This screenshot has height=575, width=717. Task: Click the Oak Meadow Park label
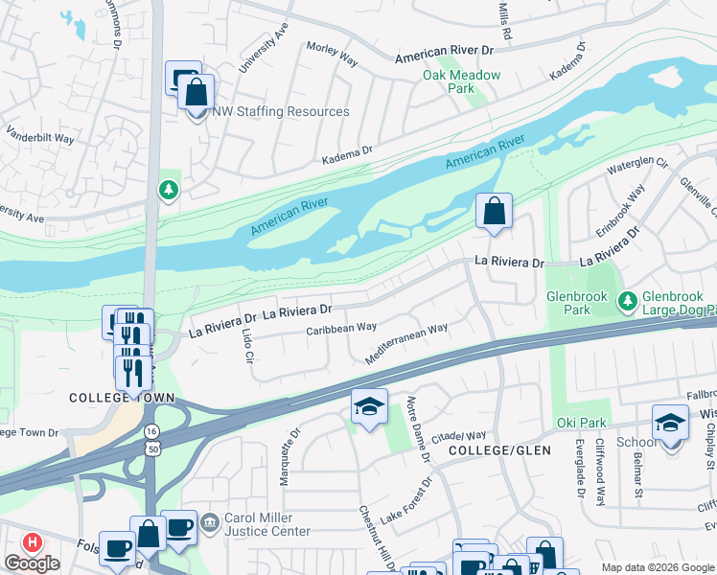coord(449,81)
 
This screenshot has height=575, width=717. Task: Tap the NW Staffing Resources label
coord(280,112)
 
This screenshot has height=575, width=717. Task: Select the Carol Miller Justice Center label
coord(266,524)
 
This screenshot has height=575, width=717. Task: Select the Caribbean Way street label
coord(340,328)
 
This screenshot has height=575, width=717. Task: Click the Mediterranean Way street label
coord(406,343)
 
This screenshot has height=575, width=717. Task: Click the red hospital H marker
coord(32,542)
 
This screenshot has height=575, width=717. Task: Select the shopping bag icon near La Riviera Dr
coord(494,211)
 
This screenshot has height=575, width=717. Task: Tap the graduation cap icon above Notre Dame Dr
coord(369,406)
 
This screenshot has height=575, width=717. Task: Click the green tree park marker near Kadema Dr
coord(169,191)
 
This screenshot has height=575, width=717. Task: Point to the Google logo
coord(33,563)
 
